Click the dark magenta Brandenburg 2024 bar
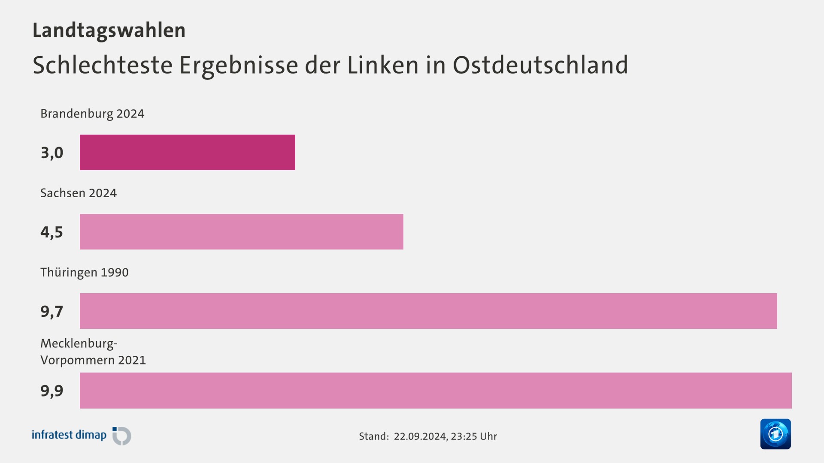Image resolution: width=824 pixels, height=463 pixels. (x=188, y=152)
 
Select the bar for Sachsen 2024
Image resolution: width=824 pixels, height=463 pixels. (x=241, y=231)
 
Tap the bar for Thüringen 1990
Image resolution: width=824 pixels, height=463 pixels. (x=428, y=311)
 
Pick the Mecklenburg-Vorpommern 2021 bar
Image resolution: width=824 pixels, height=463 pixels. (x=436, y=390)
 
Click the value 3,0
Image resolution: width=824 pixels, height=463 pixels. (x=52, y=153)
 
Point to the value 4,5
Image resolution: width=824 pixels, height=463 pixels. (x=52, y=232)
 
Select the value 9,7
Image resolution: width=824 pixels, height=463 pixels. (x=52, y=311)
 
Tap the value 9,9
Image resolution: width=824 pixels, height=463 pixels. (x=52, y=391)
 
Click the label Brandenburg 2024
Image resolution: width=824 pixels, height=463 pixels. (x=92, y=114)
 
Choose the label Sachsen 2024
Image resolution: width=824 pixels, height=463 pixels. (x=79, y=193)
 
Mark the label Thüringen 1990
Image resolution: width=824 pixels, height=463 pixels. (x=85, y=272)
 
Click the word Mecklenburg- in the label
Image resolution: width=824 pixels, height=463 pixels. (x=79, y=343)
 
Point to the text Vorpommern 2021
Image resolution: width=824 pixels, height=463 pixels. (x=93, y=360)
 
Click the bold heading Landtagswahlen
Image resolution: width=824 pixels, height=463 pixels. (x=109, y=30)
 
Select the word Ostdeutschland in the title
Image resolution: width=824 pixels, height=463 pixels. (x=540, y=65)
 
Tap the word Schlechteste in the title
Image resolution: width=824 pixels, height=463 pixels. (x=103, y=65)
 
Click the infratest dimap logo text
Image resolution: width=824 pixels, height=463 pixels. (x=69, y=435)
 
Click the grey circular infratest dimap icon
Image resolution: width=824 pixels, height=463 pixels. (x=122, y=436)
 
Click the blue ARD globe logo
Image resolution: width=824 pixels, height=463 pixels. (x=775, y=434)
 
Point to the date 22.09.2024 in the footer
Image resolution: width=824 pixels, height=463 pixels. (x=420, y=436)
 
